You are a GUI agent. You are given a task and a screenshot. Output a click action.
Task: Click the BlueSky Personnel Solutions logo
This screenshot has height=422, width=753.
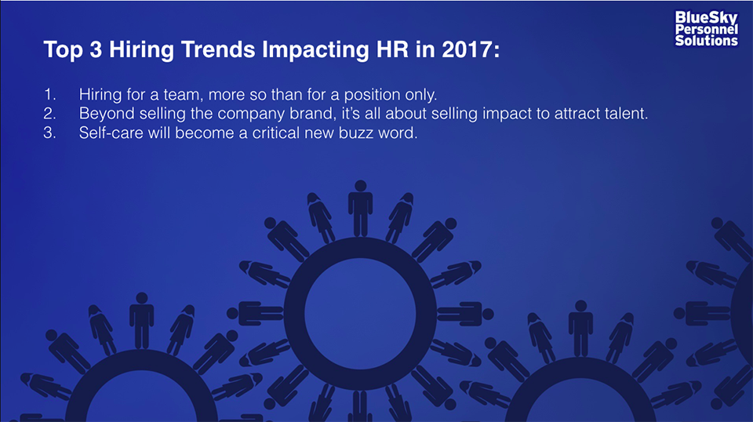pyautogui.click(x=706, y=29)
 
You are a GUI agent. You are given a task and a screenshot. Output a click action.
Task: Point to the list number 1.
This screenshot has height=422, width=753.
pyautogui.click(x=49, y=94)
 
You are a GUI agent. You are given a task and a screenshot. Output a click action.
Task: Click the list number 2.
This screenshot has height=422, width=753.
pyautogui.click(x=49, y=113)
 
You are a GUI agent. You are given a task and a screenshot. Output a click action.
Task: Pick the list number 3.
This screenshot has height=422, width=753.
pyautogui.click(x=49, y=133)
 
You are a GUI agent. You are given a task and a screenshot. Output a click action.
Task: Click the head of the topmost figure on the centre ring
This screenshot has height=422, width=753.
pyautogui.click(x=361, y=186)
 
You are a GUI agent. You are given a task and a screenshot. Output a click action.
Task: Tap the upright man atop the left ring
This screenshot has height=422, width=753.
pyautogui.click(x=142, y=320)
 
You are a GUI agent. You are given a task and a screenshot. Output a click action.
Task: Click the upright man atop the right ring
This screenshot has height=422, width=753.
pyautogui.click(x=580, y=329)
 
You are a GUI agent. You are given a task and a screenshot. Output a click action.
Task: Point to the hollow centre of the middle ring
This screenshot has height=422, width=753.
pyautogui.click(x=360, y=314)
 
